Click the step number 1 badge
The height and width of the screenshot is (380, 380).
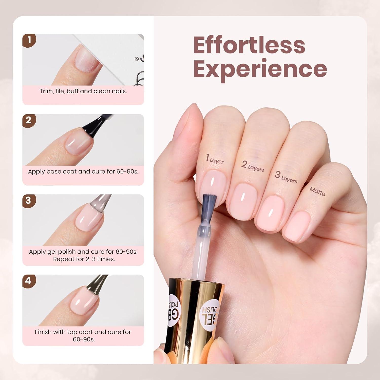(29, 40)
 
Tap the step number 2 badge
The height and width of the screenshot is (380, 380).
(29, 120)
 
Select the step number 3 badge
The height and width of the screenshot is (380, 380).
(29, 201)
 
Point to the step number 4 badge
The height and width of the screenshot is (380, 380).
(29, 281)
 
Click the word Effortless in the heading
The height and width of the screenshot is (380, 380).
(249, 45)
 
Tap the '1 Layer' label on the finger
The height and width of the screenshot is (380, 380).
(215, 159)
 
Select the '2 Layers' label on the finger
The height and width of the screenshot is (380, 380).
(252, 166)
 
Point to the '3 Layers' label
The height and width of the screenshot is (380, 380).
(286, 177)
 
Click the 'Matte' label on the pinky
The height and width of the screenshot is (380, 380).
(317, 191)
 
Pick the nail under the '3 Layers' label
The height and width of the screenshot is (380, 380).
(272, 213)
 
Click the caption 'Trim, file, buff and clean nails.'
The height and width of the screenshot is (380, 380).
(83, 91)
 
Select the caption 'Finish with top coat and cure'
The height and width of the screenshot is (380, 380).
(83, 332)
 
